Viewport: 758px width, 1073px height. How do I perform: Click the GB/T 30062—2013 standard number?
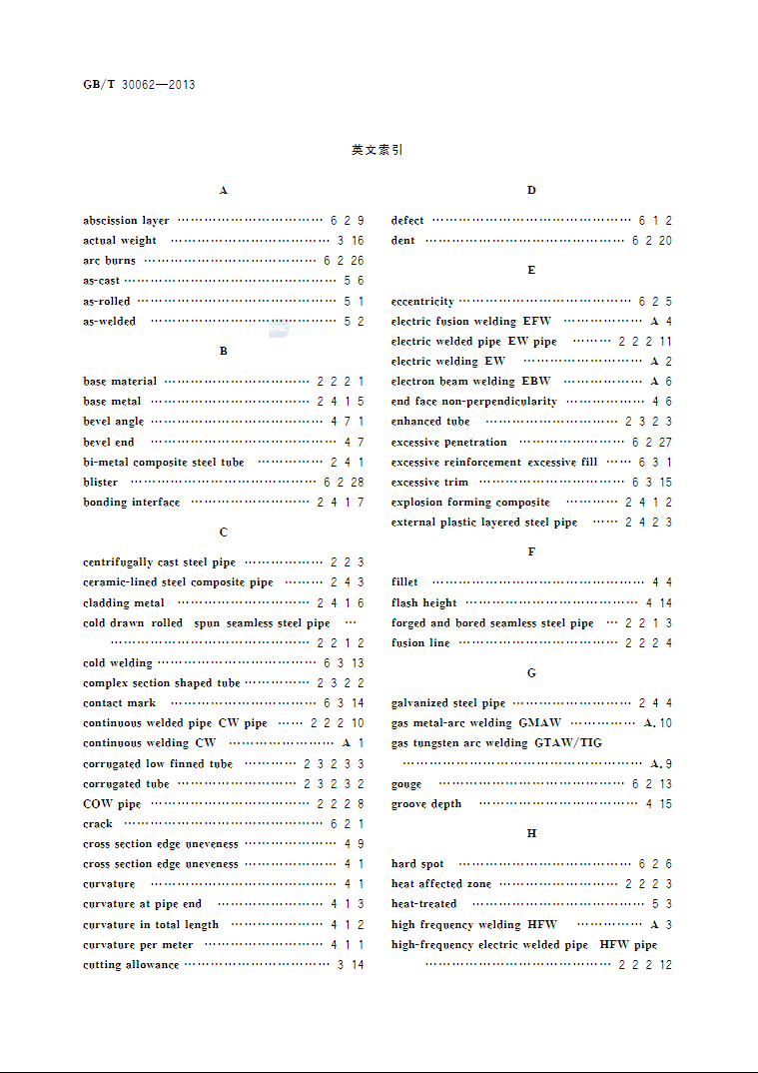click(x=139, y=85)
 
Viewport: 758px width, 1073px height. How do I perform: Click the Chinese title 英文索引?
click(x=378, y=150)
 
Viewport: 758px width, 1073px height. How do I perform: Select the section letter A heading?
click(x=224, y=190)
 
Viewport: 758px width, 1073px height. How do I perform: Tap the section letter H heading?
click(x=531, y=833)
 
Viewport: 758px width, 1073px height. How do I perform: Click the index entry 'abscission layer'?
click(x=126, y=221)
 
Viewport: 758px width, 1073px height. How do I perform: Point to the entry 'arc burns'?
click(x=110, y=261)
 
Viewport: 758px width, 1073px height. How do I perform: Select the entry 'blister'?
click(x=101, y=482)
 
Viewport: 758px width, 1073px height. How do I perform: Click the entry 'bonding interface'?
click(x=132, y=503)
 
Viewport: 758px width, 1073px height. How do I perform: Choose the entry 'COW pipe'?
click(x=112, y=804)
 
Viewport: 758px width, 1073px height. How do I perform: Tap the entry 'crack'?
click(x=98, y=824)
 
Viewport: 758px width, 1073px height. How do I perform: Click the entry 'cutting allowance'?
click(x=131, y=965)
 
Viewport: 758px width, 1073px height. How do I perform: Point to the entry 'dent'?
click(x=403, y=241)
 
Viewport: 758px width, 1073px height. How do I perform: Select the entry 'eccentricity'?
click(x=422, y=302)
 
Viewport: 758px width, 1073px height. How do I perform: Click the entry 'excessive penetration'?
click(x=449, y=443)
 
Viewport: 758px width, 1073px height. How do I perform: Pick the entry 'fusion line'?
click(x=420, y=643)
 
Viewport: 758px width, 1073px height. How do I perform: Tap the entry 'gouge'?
click(x=406, y=784)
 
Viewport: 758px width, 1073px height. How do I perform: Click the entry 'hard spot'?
click(x=417, y=864)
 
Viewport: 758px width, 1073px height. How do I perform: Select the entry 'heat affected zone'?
click(x=441, y=884)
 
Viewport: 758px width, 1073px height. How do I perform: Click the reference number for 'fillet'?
click(x=661, y=582)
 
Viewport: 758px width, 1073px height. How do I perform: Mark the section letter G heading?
click(x=531, y=673)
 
